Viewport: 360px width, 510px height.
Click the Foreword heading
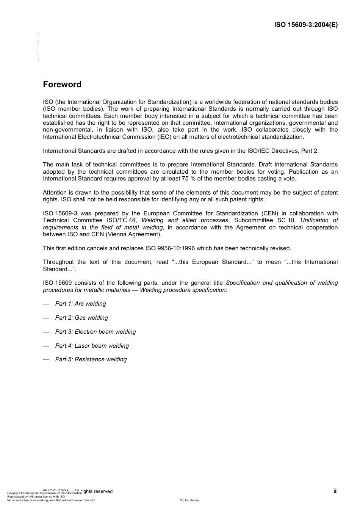pos(62,85)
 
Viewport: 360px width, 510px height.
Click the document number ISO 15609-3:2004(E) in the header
pos(306,25)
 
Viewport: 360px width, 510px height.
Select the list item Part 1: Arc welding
pos(80,304)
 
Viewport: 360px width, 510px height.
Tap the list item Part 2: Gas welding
pos(81,318)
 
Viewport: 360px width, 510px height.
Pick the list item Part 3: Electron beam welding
pos(95,332)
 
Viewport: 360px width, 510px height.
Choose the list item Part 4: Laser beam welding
pos(92,346)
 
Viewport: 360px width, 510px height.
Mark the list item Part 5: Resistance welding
pos(91,359)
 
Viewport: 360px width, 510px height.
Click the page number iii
pos(335,491)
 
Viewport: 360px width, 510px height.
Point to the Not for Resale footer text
pos(189,501)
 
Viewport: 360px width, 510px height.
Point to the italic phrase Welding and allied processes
pos(185,220)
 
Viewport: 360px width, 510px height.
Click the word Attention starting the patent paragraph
pos(55,193)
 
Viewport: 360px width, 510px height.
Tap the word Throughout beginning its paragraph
pos(58,262)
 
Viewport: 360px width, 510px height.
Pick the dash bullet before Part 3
pos(46,332)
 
